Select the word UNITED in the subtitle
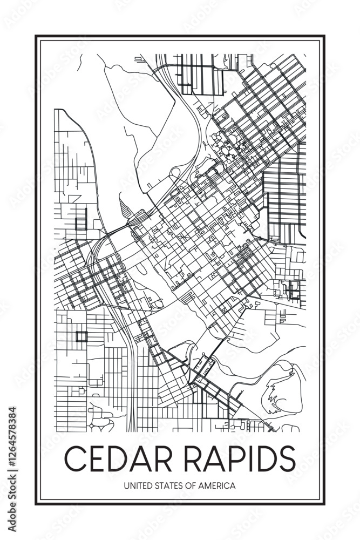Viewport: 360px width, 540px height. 136,486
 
